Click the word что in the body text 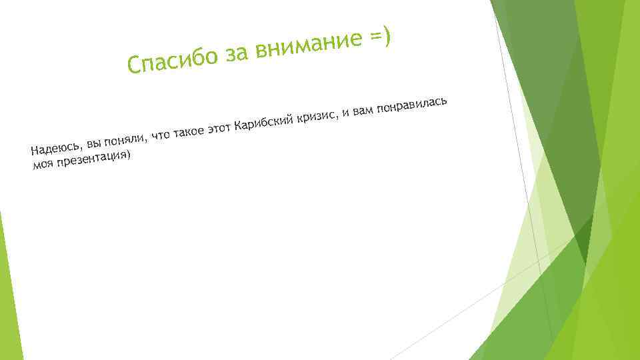[x=160, y=135]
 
